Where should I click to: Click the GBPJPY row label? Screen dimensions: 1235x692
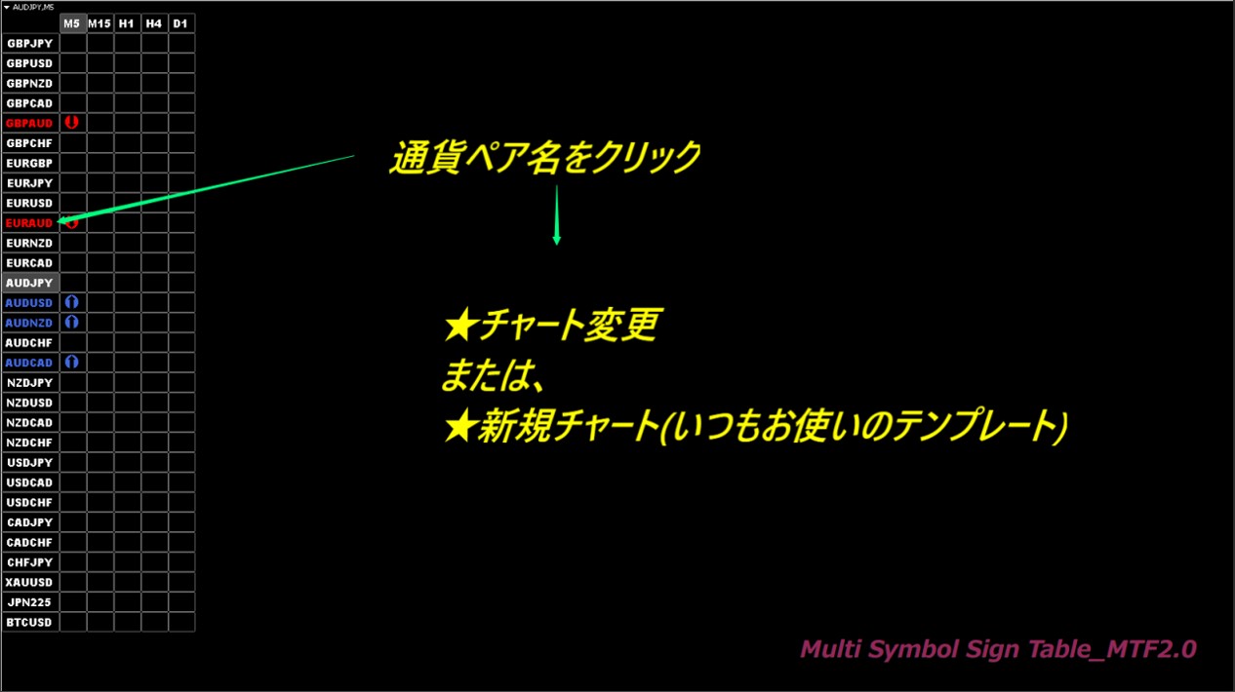click(x=30, y=44)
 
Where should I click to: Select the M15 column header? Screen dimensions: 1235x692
click(x=100, y=23)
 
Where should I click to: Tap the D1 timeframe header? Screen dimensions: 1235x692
click(x=180, y=23)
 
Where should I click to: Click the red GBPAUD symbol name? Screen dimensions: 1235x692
click(x=29, y=124)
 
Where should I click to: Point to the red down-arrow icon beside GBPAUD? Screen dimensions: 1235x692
click(x=71, y=122)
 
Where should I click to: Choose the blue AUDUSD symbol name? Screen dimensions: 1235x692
click(x=29, y=303)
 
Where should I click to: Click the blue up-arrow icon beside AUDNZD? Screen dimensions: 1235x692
click(x=71, y=323)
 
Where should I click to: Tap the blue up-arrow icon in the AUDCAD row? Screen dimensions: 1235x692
click(x=71, y=362)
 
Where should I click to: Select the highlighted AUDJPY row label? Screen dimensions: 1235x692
click(x=29, y=284)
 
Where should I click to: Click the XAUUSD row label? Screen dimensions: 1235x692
click(x=29, y=583)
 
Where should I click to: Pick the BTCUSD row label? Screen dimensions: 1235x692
click(x=29, y=623)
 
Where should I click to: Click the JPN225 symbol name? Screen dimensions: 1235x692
click(x=29, y=602)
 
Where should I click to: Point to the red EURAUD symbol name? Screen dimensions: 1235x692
click(x=29, y=223)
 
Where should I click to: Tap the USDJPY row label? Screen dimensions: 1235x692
click(x=30, y=463)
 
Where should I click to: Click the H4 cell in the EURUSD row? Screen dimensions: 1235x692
click(x=154, y=203)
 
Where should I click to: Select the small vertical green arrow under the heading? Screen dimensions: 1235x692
click(x=557, y=214)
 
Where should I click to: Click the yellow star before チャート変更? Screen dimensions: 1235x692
click(x=460, y=324)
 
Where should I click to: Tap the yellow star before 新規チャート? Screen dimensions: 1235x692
click(x=460, y=427)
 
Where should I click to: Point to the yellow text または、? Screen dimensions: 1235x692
click(x=494, y=376)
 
